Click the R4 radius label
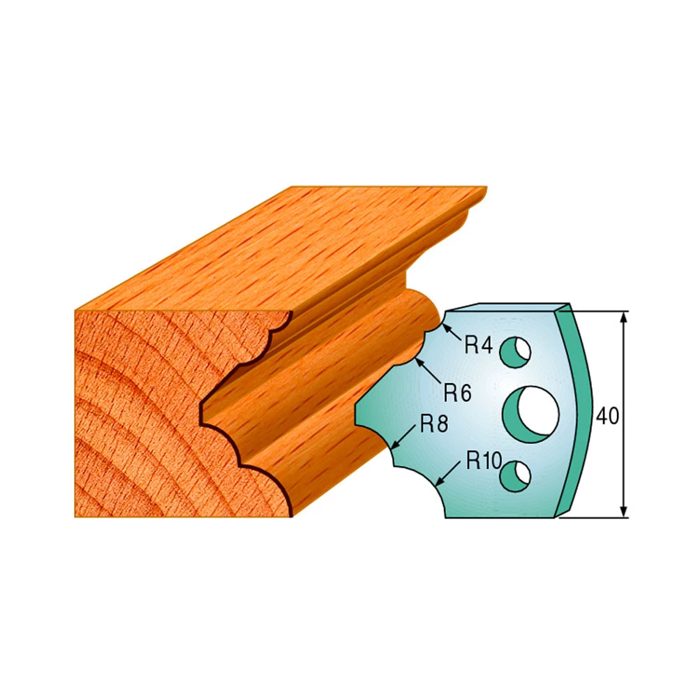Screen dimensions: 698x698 pos(479,345)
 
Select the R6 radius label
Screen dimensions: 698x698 pos(457,392)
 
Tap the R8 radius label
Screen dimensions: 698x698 pos(434,424)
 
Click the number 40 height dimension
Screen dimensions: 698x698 pos(607,416)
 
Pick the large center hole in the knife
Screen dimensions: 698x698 pos(530,415)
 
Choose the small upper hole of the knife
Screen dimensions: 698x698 pos(515,352)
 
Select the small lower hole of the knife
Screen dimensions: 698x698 pos(515,476)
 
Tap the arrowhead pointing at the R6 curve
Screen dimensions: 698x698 pos(419,363)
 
